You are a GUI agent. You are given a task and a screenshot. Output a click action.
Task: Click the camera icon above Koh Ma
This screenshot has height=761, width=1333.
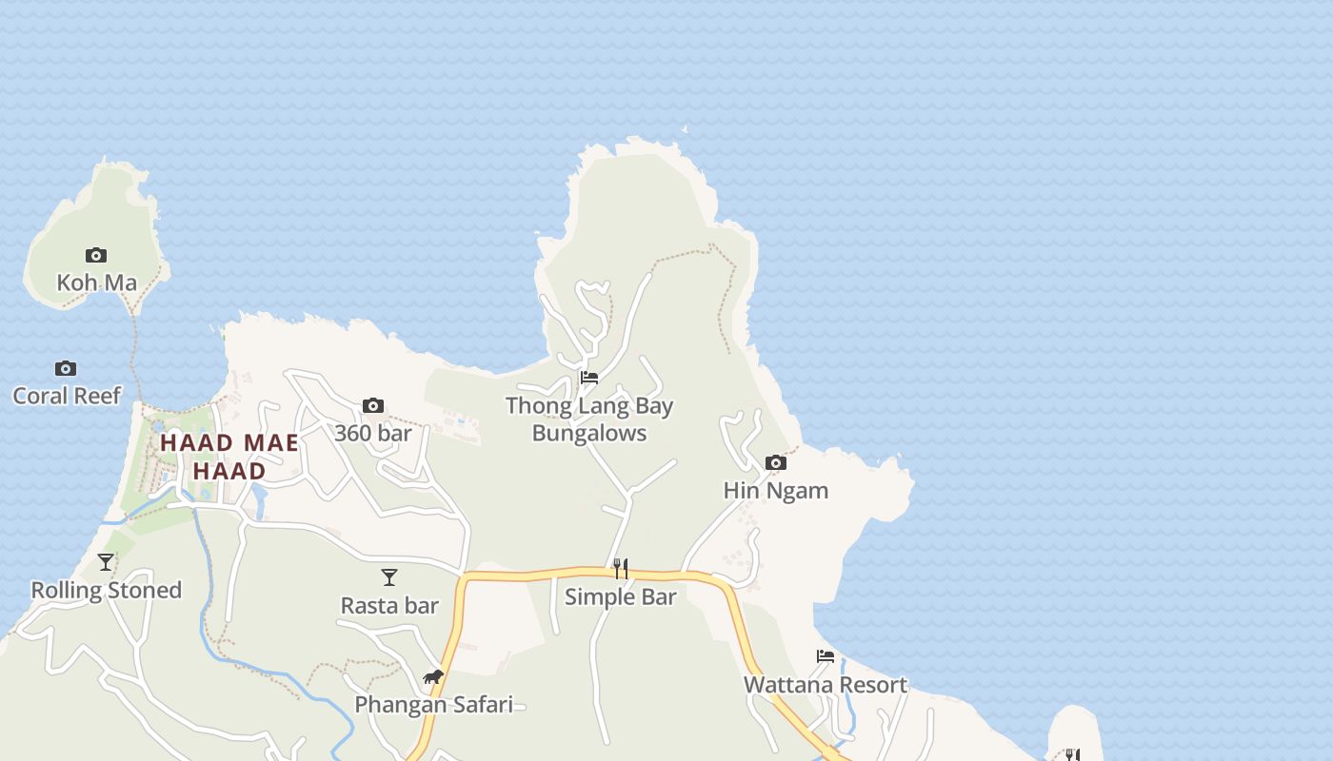96,255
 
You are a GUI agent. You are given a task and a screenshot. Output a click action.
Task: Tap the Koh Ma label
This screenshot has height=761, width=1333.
96,283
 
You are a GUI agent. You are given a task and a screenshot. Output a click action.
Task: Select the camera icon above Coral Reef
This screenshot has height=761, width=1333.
65,368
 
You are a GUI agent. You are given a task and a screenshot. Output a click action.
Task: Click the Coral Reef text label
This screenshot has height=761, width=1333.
67,396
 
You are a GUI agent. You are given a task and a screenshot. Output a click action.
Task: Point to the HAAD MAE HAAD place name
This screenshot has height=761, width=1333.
229,457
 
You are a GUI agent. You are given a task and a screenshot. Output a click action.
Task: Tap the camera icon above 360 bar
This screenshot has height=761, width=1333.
373,406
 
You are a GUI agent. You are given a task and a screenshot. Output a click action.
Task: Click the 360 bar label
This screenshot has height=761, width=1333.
373,434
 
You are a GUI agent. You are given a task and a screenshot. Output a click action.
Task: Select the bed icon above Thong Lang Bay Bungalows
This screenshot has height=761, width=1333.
589,378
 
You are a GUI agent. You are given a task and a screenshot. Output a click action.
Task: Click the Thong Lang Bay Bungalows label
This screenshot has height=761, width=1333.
589,420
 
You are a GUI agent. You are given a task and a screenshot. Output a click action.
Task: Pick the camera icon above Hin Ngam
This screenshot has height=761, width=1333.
776,463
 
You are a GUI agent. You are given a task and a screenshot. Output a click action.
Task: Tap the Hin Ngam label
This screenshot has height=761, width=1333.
776,491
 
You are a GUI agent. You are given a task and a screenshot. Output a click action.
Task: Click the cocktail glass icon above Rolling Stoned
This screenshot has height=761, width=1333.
106,562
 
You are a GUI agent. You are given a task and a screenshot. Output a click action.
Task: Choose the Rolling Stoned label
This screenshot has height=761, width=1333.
107,591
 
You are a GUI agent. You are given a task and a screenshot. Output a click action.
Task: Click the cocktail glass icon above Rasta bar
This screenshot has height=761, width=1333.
389,577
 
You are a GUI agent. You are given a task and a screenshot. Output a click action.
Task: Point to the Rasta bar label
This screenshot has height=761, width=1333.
389,606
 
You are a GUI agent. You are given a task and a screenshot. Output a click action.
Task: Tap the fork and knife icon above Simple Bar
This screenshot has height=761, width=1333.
621,569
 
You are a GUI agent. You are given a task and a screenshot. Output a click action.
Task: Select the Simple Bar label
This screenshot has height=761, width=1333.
621,597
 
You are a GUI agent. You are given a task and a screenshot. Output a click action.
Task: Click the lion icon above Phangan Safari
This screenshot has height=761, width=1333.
433,677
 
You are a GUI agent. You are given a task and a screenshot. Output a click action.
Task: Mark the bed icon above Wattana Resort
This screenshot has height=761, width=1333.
826,656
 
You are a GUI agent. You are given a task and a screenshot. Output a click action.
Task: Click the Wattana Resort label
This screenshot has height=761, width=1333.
826,685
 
